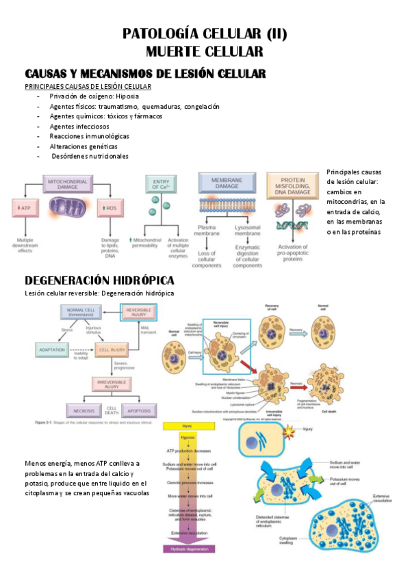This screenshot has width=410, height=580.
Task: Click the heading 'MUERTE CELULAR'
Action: (205, 51)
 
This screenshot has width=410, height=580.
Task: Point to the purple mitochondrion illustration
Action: (68, 208)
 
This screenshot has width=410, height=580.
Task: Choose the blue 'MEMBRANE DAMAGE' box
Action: (227, 182)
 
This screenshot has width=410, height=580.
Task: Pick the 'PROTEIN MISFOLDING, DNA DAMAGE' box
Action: (292, 185)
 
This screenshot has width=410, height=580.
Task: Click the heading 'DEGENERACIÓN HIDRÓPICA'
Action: (99, 280)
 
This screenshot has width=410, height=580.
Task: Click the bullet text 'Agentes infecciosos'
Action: (79, 127)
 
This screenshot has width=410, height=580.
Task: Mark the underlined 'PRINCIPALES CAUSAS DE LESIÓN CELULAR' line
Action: (88, 87)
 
